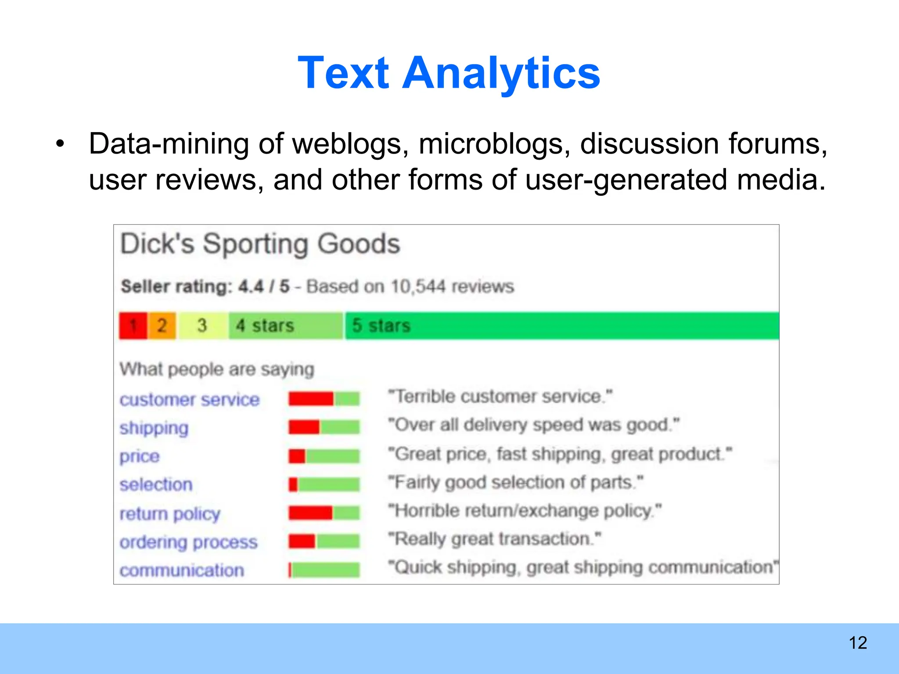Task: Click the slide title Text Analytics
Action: (449, 73)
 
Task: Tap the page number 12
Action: (858, 643)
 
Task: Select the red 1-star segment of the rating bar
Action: (133, 326)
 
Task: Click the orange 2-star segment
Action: (162, 326)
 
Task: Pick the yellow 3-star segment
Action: (202, 326)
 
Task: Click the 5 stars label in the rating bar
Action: (381, 326)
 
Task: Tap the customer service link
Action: (190, 399)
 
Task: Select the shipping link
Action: (154, 428)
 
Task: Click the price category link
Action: (140, 456)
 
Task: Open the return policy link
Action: (170, 513)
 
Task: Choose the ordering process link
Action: (189, 542)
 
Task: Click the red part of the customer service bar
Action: (311, 399)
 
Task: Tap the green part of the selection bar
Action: (328, 484)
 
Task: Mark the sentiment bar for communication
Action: (324, 570)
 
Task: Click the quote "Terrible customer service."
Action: (500, 397)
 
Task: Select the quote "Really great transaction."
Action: (495, 539)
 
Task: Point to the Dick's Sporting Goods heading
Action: (260, 244)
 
